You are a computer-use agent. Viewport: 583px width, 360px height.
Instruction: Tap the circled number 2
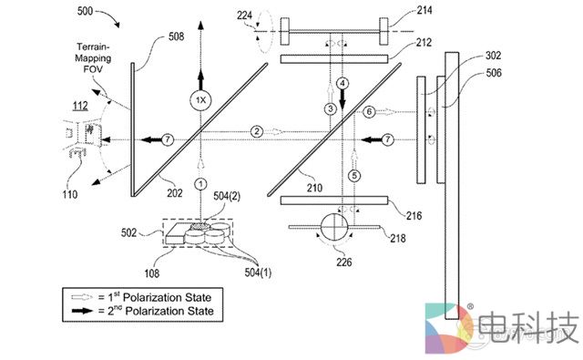258,131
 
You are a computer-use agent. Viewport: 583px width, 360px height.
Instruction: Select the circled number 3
330,109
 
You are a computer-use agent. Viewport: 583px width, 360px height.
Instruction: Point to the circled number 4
343,83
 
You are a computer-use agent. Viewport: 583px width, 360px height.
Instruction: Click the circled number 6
369,111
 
